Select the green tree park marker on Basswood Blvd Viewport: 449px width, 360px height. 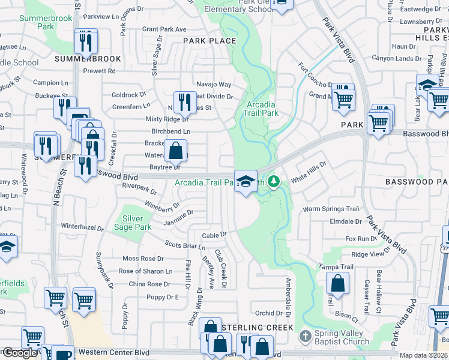[x=274, y=181]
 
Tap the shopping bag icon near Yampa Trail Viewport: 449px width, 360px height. [x=338, y=283]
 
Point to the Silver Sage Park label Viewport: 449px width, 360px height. [x=137, y=223]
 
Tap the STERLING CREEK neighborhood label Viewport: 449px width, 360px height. [x=258, y=328]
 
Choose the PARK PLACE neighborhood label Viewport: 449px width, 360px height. [x=210, y=41]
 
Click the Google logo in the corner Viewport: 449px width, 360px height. [x=19, y=353]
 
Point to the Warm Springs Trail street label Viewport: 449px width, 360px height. [x=331, y=209]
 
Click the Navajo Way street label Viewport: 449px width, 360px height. [x=214, y=85]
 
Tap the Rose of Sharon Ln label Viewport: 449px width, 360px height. [x=146, y=271]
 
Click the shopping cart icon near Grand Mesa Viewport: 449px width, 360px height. [x=343, y=98]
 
